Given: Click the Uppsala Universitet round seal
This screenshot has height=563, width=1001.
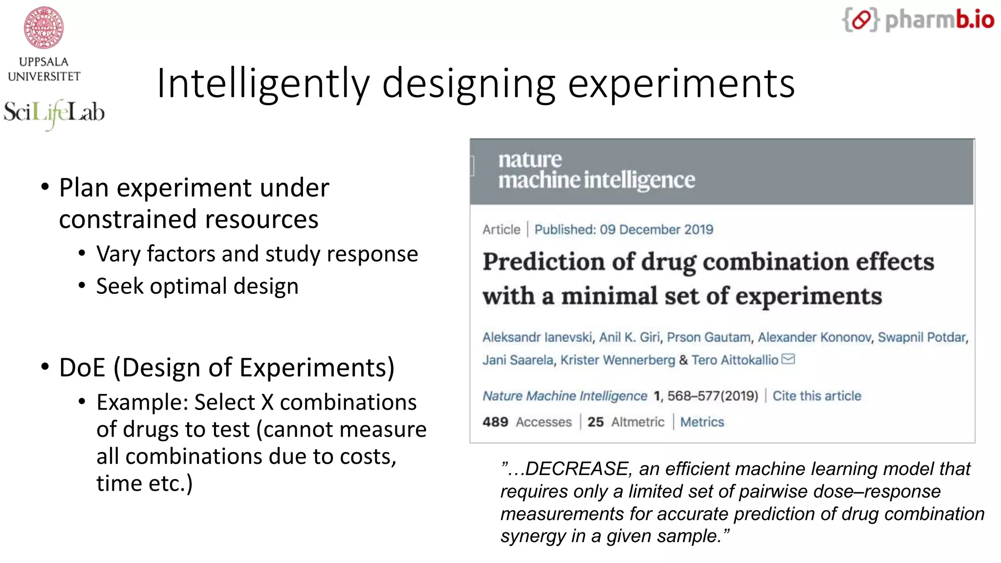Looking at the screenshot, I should tap(44, 28).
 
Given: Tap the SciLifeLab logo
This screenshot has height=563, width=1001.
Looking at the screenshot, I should tap(54, 113).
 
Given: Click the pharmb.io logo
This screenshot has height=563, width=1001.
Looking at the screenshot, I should tap(918, 21).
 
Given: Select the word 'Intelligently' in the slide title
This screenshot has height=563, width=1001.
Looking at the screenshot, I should tap(263, 84).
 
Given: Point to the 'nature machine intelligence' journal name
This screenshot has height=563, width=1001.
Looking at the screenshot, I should tap(596, 170).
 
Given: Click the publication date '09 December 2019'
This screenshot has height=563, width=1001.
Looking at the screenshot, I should tap(656, 230).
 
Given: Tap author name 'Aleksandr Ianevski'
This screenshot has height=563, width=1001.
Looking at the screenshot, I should tap(537, 337).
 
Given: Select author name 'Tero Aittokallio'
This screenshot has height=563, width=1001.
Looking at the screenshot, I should tap(735, 360).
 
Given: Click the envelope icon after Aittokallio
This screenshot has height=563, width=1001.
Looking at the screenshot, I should tap(788, 359).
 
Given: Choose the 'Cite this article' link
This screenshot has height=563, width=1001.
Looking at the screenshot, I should tap(817, 396).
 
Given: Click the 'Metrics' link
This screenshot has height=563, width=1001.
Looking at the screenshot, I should tap(702, 422).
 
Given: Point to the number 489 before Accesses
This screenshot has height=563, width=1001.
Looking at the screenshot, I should tap(495, 422).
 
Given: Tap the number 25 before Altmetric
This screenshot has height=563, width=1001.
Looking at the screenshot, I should tap(595, 422).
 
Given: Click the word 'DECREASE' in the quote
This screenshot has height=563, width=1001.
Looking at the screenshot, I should tap(576, 469).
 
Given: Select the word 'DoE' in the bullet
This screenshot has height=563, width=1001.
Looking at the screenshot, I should tap(82, 368).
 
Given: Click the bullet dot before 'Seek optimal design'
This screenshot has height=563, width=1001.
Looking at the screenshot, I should tap(82, 285).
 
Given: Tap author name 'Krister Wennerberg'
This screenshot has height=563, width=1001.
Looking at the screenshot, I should tap(617, 360).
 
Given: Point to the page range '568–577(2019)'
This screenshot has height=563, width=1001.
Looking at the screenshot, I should tap(713, 396).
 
